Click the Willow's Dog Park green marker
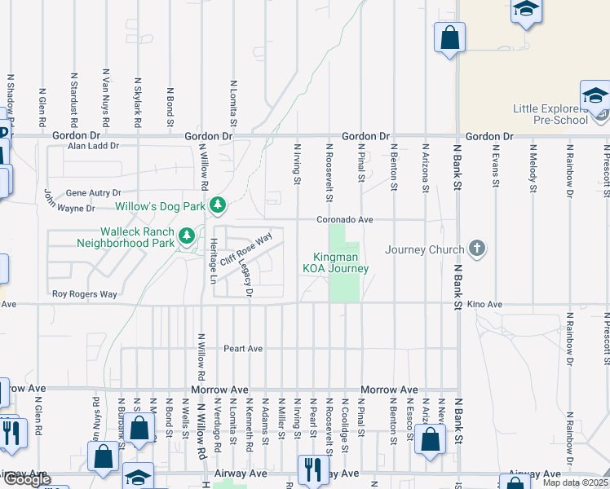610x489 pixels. (217, 205)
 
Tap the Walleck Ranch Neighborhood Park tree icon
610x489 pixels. (187, 236)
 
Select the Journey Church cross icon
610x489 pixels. (477, 249)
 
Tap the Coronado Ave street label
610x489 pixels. (345, 220)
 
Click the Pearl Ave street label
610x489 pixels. (243, 349)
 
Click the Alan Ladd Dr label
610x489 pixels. (93, 147)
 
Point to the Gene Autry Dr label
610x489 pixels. (93, 192)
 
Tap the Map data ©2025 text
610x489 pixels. (574, 482)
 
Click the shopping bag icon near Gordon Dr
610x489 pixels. (449, 37)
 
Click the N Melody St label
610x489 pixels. (532, 168)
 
